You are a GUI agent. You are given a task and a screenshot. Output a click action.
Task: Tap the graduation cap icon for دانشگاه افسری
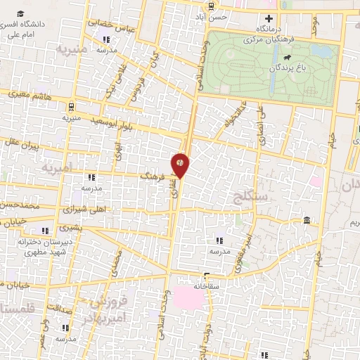22,14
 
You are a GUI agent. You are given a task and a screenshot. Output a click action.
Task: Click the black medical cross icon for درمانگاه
268,18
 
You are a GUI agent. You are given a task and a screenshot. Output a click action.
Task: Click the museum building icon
307,221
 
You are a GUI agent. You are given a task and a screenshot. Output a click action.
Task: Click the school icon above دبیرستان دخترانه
46,231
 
